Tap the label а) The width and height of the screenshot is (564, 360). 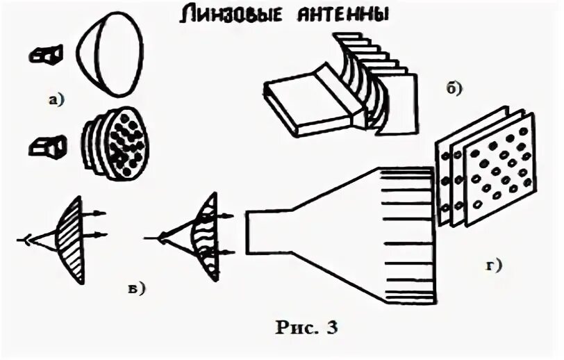(56, 99)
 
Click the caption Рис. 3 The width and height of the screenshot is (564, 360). (306, 327)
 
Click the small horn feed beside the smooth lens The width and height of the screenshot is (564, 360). (47, 54)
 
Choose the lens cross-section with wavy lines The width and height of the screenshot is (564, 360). (206, 236)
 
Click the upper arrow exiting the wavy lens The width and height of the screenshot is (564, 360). (229, 217)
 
